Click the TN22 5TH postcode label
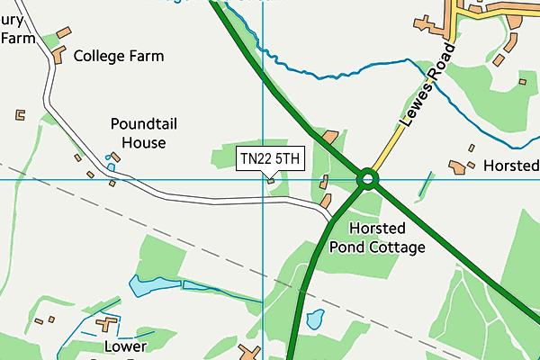pyautogui.click(x=271, y=158)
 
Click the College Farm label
pyautogui.click(x=119, y=56)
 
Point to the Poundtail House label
pyautogui.click(x=138, y=132)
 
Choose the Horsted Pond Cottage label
pyautogui.click(x=377, y=238)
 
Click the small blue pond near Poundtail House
pyautogui.click(x=112, y=166)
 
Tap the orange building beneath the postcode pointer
pyautogui.click(x=271, y=181)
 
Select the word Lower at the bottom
pyautogui.click(x=125, y=346)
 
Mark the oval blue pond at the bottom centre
pyautogui.click(x=314, y=319)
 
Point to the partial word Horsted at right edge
pyautogui.click(x=511, y=166)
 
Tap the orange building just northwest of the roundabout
pyautogui.click(x=330, y=138)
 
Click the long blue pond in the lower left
pyautogui.click(x=157, y=286)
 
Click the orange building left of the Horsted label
pyautogui.click(x=460, y=166)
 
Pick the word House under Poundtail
pyautogui.click(x=138, y=142)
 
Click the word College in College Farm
pyautogui.click(x=102, y=56)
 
